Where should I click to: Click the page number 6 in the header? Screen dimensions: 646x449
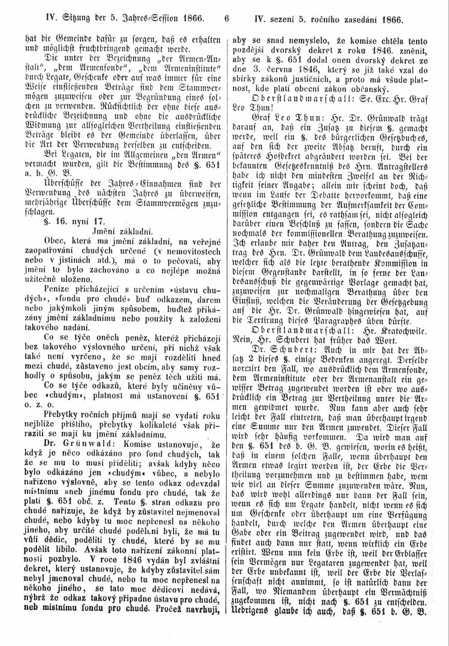tap(226, 10)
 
